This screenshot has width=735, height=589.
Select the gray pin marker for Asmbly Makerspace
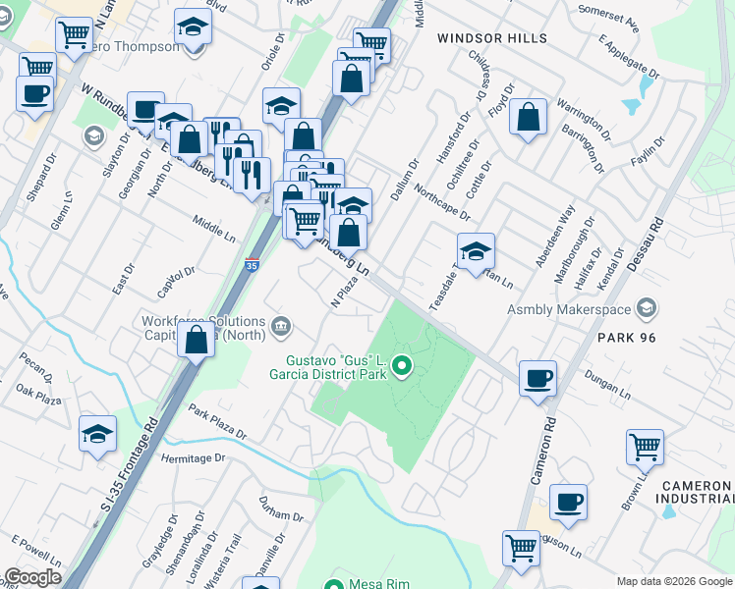coord(647,309)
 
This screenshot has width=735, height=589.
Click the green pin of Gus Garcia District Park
coord(401,368)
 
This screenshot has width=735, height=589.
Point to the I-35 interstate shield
coord(252,266)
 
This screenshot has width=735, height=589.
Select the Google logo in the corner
coord(32,576)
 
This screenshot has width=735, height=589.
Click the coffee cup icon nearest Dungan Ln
coord(537,378)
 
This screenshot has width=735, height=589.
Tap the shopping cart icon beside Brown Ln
coord(645,447)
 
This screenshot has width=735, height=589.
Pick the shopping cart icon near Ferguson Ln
coord(521,547)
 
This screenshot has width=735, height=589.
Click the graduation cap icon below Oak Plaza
coord(98,433)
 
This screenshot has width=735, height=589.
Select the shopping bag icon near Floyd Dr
coord(529,117)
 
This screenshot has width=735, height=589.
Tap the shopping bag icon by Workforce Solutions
coord(197,340)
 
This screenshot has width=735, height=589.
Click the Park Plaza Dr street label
coord(218,423)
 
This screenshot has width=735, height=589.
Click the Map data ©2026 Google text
coord(674,580)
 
